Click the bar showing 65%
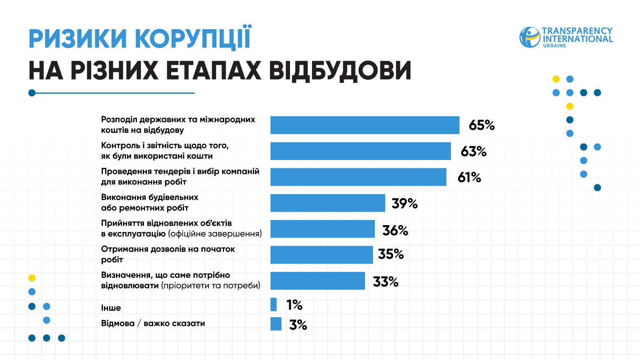pyautogui.click(x=365, y=125)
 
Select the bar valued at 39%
pyautogui.click(x=328, y=203)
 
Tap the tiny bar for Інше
pyautogui.click(x=274, y=304)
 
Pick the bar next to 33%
pyautogui.click(x=318, y=281)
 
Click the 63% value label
pyautogui.click(x=474, y=152)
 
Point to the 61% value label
pyautogui.click(x=469, y=177)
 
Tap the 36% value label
pyautogui.click(x=395, y=230)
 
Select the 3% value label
pyautogui.click(x=298, y=325)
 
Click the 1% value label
pyautogui.click(x=294, y=305)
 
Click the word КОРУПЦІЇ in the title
pyautogui.click(x=193, y=38)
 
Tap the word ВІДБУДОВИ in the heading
pyautogui.click(x=340, y=71)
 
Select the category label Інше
pyautogui.click(x=111, y=308)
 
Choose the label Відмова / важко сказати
pyautogui.click(x=153, y=323)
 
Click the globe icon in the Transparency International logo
pyautogui.click(x=530, y=37)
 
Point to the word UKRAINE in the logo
pyautogui.click(x=554, y=46)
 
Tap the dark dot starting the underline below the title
pyautogui.click(x=32, y=93)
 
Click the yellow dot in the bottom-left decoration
pyautogui.click(x=32, y=278)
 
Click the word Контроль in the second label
pyautogui.click(x=120, y=146)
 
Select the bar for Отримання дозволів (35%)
pyautogui.click(x=322, y=255)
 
